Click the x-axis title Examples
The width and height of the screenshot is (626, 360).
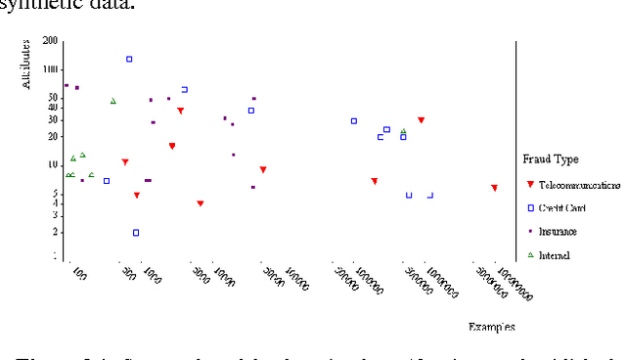pyautogui.click(x=491, y=326)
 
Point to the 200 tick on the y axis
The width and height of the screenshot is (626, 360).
pyautogui.click(x=50, y=41)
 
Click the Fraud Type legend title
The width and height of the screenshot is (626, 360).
pyautogui.click(x=552, y=158)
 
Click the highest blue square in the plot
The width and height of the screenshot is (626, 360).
pyautogui.click(x=129, y=60)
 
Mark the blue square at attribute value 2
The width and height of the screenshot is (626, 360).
pyautogui.click(x=136, y=233)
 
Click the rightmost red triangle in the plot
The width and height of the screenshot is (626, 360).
pyautogui.click(x=495, y=188)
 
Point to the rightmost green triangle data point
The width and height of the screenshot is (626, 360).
pyautogui.click(x=403, y=131)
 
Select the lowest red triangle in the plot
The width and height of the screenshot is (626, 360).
pyautogui.click(x=200, y=203)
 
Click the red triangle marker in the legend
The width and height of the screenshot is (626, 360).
pyautogui.click(x=530, y=184)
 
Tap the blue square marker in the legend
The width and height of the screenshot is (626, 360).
pyautogui.click(x=530, y=207)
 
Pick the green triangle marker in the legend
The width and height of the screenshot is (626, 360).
pyautogui.click(x=530, y=255)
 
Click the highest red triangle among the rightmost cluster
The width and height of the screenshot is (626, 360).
pyautogui.click(x=421, y=120)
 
